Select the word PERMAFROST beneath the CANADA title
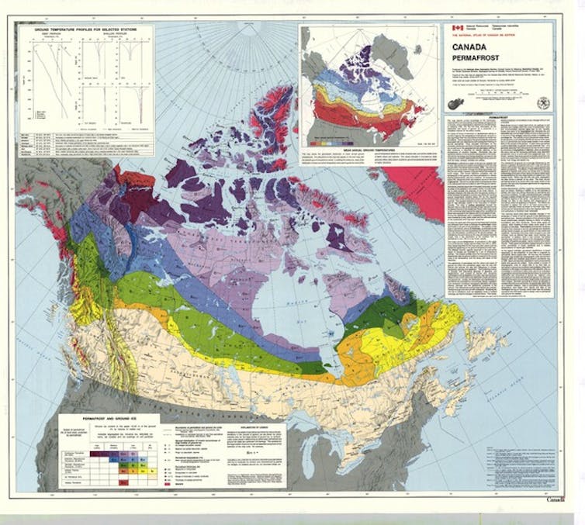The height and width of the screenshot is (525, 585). pyautogui.click(x=479, y=59)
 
